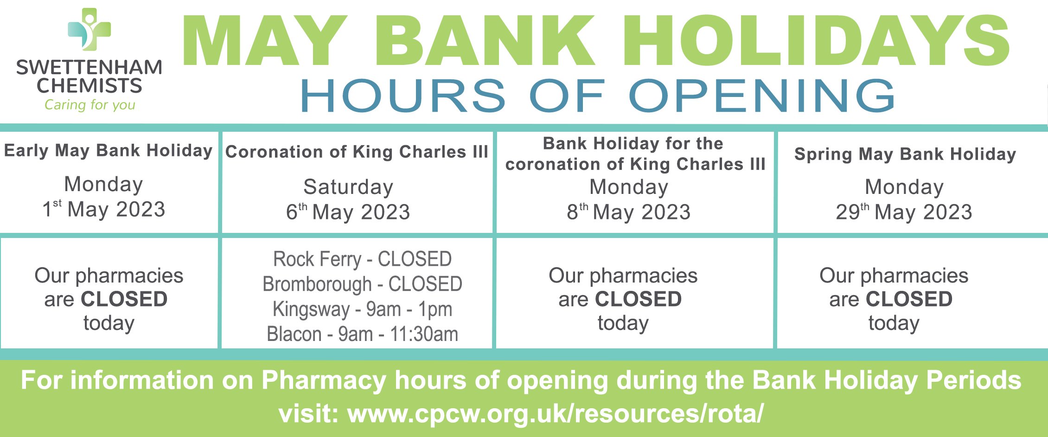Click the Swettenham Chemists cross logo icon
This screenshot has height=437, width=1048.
(89, 29)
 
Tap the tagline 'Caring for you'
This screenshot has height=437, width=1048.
(89, 105)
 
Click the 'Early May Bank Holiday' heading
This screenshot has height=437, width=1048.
(108, 151)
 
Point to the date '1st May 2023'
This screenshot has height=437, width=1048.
(104, 209)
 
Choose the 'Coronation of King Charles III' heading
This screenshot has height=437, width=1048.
(357, 152)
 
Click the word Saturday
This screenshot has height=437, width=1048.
(348, 187)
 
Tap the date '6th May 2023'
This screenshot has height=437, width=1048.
(348, 212)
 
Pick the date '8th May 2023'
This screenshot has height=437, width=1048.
(629, 212)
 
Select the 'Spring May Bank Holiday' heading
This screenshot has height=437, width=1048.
(905, 154)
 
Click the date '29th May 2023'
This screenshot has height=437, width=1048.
(904, 212)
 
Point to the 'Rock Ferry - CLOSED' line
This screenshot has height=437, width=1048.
(362, 259)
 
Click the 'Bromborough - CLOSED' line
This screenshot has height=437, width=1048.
(362, 284)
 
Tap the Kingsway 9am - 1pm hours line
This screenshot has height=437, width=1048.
(362, 309)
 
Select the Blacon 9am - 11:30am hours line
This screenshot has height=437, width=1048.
(362, 334)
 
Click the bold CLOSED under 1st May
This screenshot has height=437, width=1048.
(124, 299)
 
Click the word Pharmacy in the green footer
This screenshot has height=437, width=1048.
(324, 380)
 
